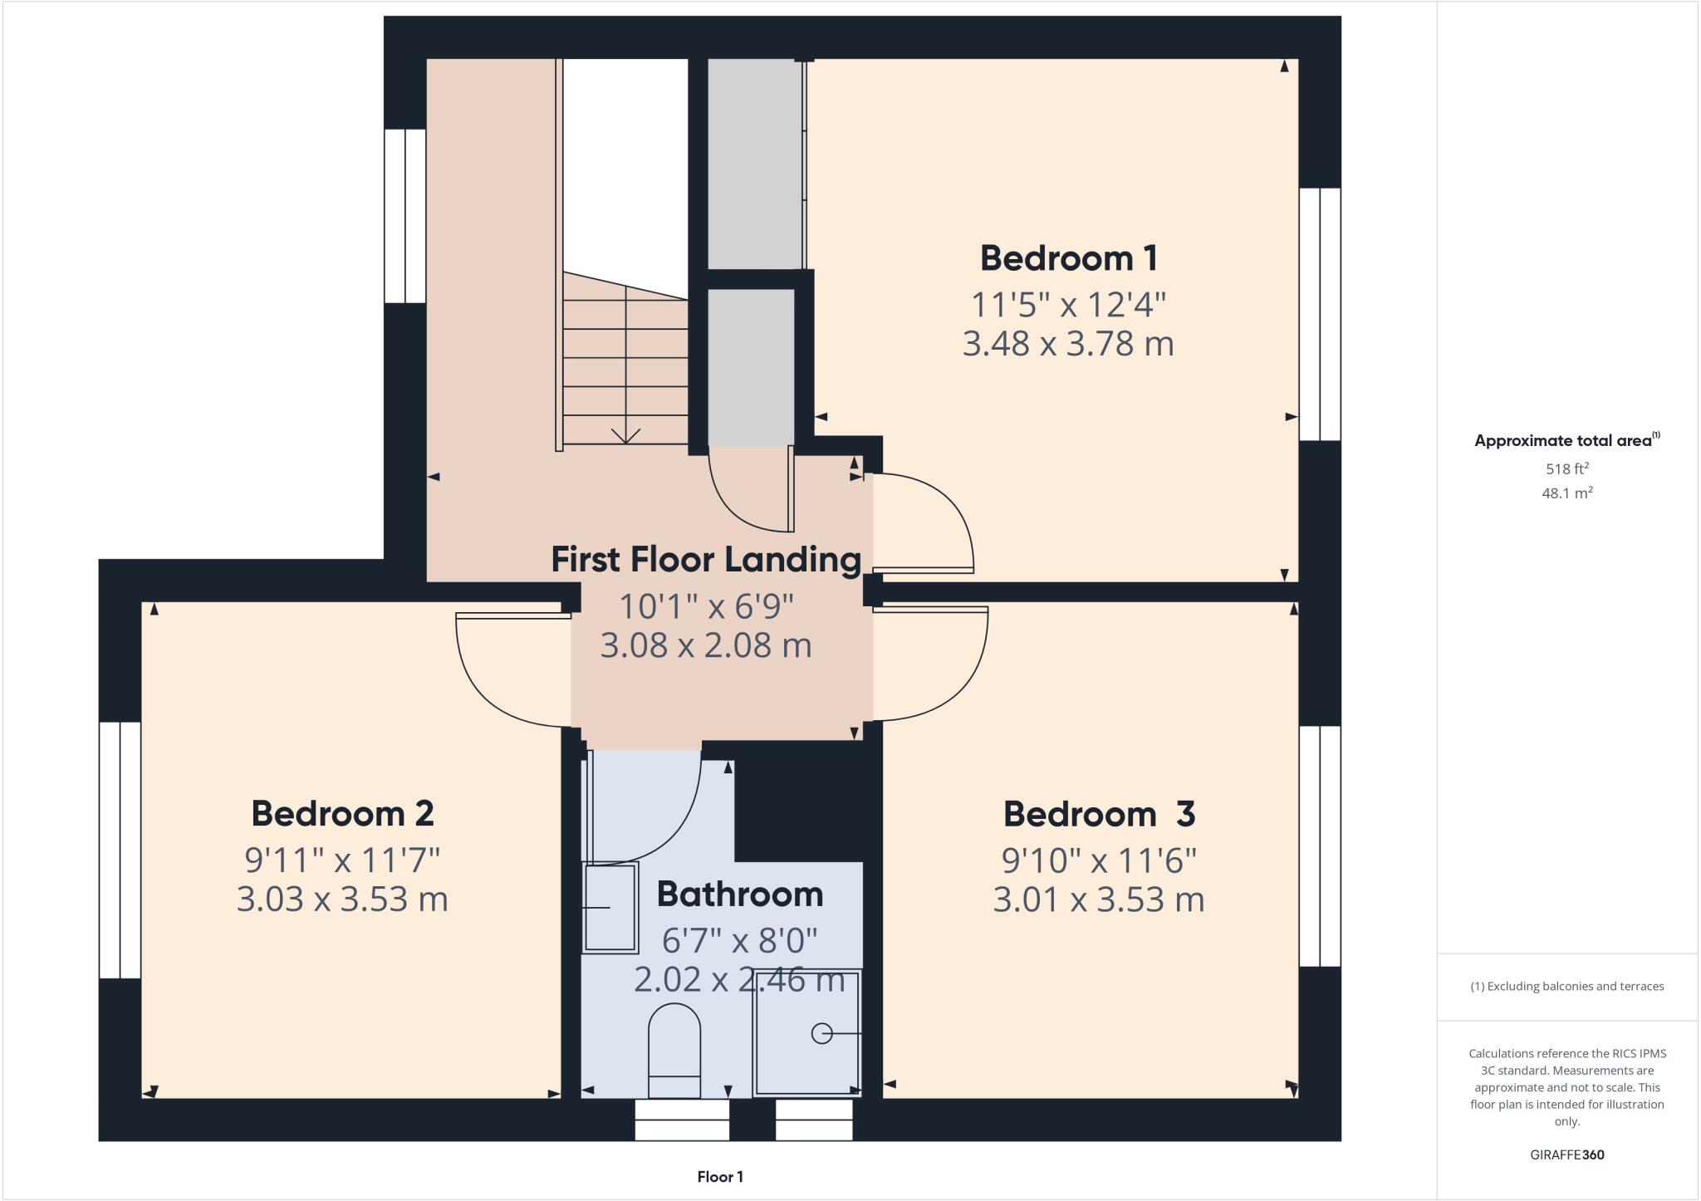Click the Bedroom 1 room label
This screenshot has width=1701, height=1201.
(x=1068, y=258)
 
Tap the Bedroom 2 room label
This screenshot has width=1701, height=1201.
(x=342, y=813)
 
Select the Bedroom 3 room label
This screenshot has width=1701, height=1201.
(x=1099, y=814)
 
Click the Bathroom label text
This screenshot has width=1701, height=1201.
(x=739, y=895)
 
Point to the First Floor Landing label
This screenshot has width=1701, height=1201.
(x=706, y=559)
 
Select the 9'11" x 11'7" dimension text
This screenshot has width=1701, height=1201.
(x=342, y=860)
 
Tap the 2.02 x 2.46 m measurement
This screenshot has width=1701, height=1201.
(x=739, y=980)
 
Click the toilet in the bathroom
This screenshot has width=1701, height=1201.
(x=674, y=1051)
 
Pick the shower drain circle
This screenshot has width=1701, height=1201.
(x=821, y=1033)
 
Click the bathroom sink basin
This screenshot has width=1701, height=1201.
(x=610, y=908)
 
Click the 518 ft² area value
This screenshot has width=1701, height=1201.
(x=1566, y=468)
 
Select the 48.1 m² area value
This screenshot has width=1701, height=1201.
(x=1566, y=493)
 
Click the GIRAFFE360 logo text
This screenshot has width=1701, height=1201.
(x=1566, y=1154)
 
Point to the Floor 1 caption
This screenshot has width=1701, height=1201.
(x=720, y=1177)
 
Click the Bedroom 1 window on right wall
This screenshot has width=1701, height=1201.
(x=1320, y=314)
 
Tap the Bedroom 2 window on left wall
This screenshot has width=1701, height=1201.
(x=120, y=850)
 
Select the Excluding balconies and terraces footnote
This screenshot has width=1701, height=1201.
(x=1566, y=987)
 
